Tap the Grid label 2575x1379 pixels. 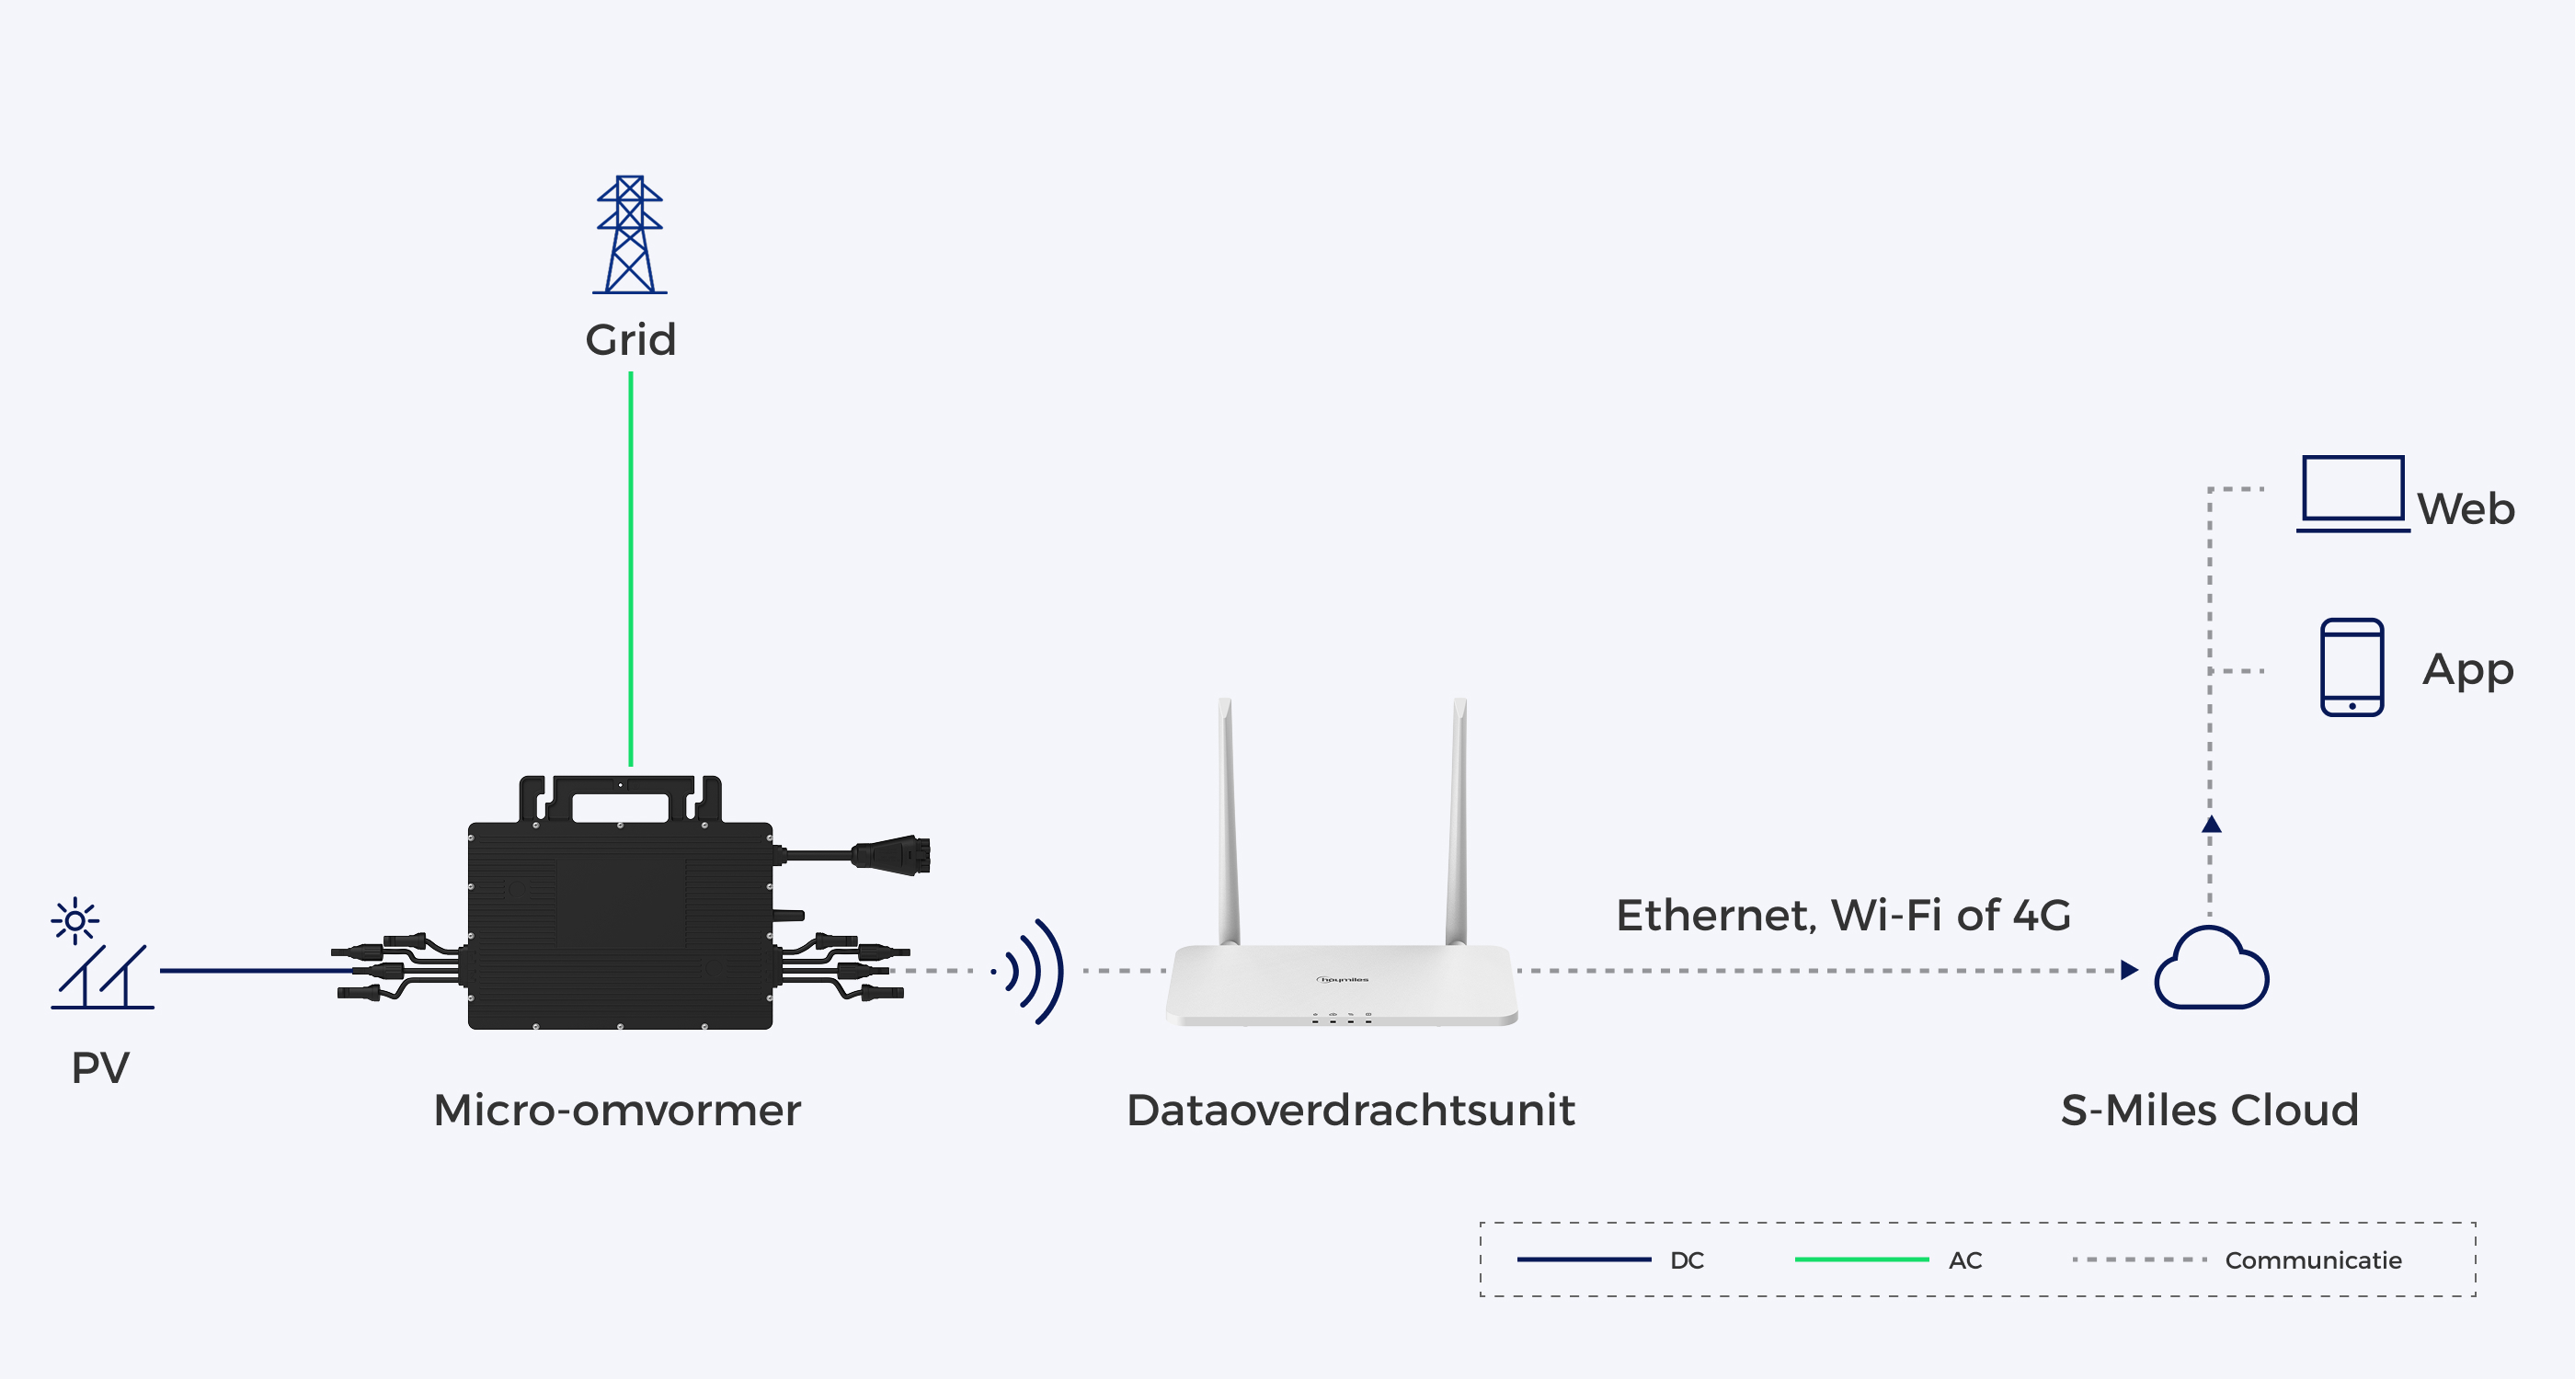631,340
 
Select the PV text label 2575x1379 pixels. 100,1067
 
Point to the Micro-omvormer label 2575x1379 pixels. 617,1111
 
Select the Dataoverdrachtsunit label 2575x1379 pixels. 1350,1111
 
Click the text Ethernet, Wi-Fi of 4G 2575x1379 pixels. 1843,916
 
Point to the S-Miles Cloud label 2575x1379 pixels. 2210,1111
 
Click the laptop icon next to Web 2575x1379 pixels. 2353,494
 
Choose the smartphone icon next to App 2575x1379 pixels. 2352,667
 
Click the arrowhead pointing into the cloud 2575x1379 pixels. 2129,970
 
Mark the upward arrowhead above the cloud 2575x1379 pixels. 2211,825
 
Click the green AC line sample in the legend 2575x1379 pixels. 1861,1259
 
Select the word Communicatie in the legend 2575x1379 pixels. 2313,1260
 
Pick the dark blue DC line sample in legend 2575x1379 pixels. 1584,1259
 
